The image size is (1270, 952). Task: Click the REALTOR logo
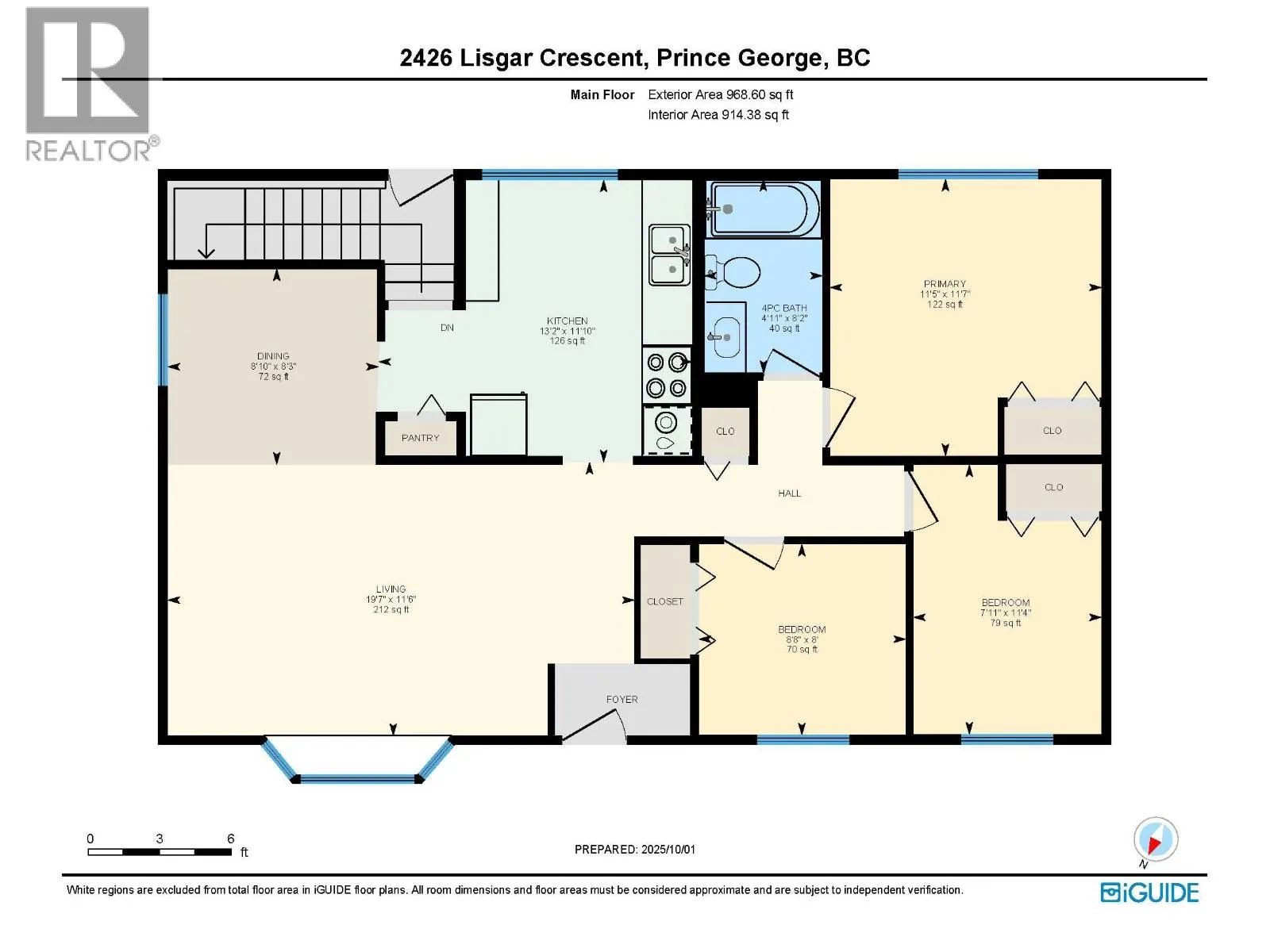pos(91,84)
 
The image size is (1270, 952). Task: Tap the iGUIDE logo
pos(1149,892)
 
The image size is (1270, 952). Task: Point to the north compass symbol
pos(1155,841)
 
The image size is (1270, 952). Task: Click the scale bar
pos(160,851)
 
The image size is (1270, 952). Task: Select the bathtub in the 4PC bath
pos(764,209)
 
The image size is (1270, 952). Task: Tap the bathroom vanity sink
pos(725,337)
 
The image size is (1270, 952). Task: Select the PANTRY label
pos(420,438)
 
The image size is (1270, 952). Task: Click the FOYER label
pos(622,700)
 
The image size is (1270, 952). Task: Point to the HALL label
pos(789,493)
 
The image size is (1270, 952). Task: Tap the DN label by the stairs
pos(447,328)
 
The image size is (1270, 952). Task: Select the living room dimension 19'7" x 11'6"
pos(391,600)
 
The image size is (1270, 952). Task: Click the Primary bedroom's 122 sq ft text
pos(945,304)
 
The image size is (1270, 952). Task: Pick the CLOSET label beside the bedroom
pos(665,601)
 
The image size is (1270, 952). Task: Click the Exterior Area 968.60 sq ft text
pos(721,94)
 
